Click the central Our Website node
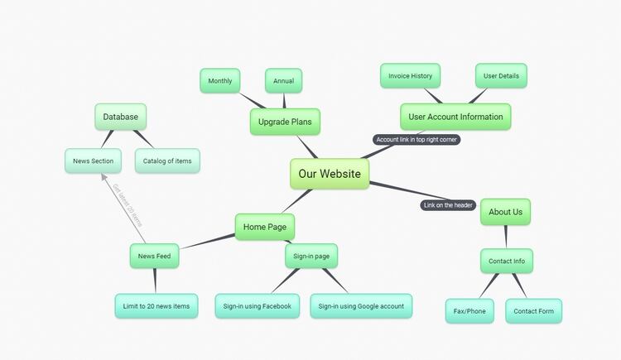coord(330,174)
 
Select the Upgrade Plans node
coord(285,122)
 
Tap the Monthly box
coord(220,80)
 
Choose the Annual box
coord(284,80)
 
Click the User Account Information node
coord(455,117)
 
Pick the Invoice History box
coord(410,76)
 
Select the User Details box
coord(502,76)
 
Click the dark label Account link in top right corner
coord(416,140)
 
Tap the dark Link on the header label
coord(448,205)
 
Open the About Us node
coord(505,212)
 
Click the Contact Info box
coord(506,262)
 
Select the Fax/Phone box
coord(469,311)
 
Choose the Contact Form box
coord(534,311)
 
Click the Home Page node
coord(265,227)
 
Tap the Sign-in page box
coord(311,257)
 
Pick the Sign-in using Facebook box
coord(257,306)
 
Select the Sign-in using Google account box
coord(361,306)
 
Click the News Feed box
coord(155,257)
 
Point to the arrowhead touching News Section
coord(103,176)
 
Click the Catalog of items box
coord(167,161)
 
